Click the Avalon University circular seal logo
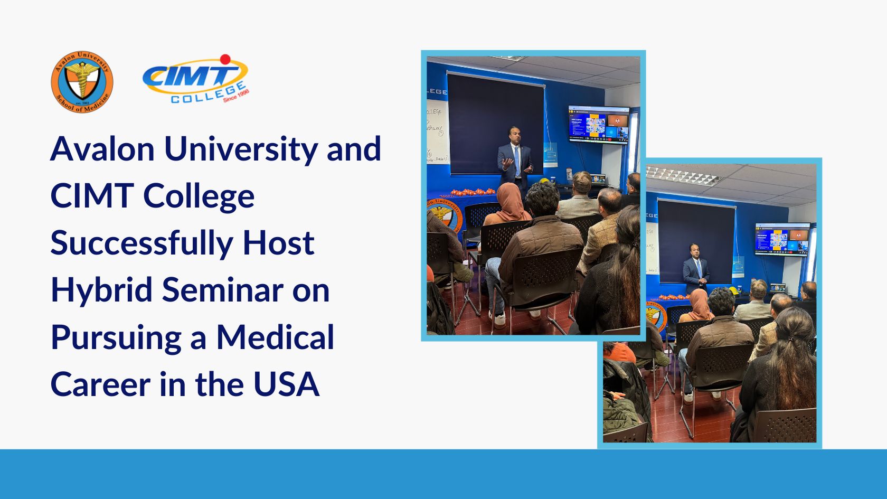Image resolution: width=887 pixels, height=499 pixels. click(x=82, y=82)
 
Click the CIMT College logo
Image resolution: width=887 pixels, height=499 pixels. click(x=195, y=79)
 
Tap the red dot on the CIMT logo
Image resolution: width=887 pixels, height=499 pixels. click(x=225, y=59)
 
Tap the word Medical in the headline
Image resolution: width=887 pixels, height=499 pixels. click(x=275, y=337)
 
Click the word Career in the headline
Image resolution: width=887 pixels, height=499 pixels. click(x=100, y=384)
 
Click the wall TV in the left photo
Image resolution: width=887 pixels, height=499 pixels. click(x=599, y=124)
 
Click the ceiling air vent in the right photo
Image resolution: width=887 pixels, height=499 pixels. click(x=681, y=176)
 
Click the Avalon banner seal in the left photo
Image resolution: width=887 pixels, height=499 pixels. click(x=443, y=216)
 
